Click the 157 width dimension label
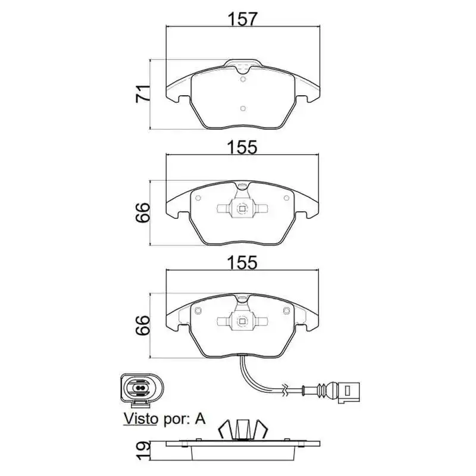pyautogui.click(x=242, y=19)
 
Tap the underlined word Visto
pyautogui.click(x=141, y=419)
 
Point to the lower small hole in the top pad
pyautogui.click(x=242, y=108)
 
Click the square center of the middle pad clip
pyautogui.click(x=242, y=209)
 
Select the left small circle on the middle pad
pyautogui.click(x=198, y=196)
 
